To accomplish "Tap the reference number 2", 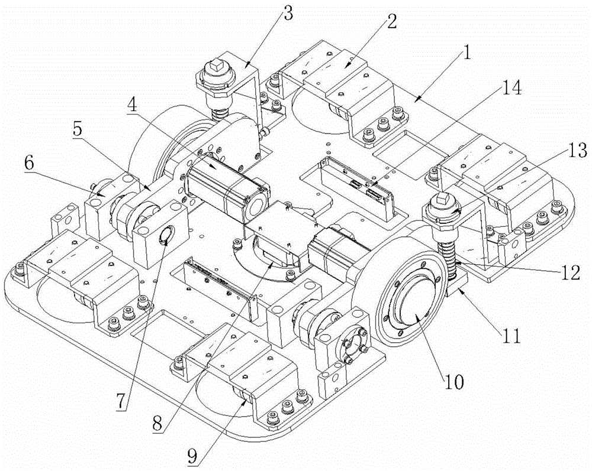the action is pyautogui.click(x=391, y=22).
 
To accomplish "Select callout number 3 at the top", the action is pyautogui.click(x=287, y=13).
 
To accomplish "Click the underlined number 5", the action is pyautogui.click(x=78, y=129).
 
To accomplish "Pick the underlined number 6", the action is pyautogui.click(x=29, y=163).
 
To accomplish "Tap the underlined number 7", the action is pyautogui.click(x=120, y=402).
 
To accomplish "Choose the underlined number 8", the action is pyautogui.click(x=158, y=424).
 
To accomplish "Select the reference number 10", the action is pyautogui.click(x=454, y=382).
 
